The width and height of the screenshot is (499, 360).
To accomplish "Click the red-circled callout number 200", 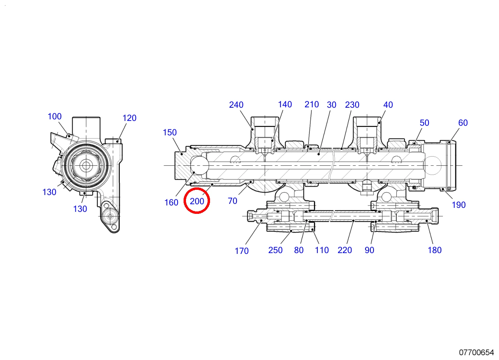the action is pos(197,201).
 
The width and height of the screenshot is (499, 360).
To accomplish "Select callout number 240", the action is pos(236,105).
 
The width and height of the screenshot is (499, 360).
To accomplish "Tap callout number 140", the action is pos(285,104).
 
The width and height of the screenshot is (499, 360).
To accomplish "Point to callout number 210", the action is pos(312,104).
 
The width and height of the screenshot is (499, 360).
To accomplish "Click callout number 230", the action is pos(352,105).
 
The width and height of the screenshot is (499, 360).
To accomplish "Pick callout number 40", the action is pos(388,105).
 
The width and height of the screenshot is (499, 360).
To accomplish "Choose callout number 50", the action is pos(424,123).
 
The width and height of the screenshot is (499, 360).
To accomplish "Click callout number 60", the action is pos(463,123).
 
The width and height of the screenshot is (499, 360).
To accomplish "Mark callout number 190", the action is pos(459,205).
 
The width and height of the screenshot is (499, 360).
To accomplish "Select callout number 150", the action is pos(170,132).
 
